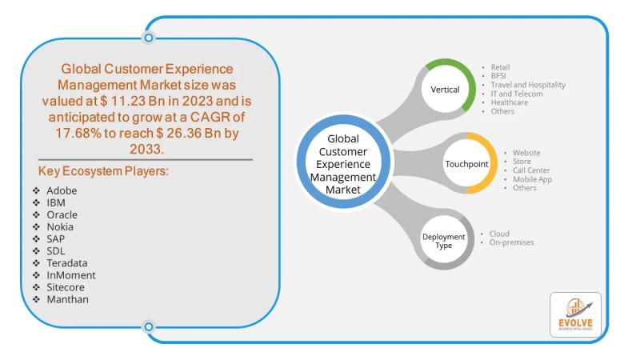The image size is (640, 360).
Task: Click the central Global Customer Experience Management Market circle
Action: (x=346, y=163)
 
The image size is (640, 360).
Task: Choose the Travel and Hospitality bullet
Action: (x=529, y=85)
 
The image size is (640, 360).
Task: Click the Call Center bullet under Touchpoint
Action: (x=526, y=170)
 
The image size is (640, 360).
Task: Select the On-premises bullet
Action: (x=511, y=242)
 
